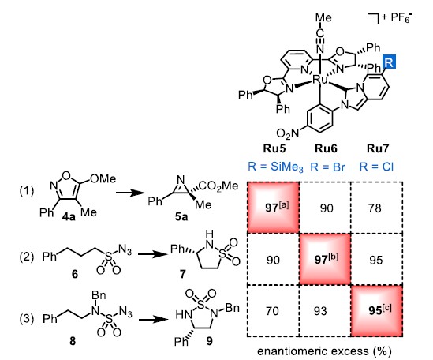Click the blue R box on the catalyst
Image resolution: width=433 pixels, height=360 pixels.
[x=389, y=62]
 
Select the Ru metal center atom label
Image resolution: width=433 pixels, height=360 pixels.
[x=319, y=81]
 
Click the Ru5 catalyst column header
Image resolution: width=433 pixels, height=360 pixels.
[x=274, y=148]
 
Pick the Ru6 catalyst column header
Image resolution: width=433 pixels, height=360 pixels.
[x=326, y=148]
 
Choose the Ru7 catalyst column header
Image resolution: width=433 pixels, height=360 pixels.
[x=378, y=148]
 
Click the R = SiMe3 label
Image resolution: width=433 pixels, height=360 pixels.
[x=275, y=167]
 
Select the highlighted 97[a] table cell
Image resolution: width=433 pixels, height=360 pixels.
[x=273, y=208]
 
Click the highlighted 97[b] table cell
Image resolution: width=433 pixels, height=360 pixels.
[x=325, y=259]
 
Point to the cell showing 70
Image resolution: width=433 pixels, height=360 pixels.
[x=273, y=311]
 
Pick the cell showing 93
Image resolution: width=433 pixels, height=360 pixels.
[x=325, y=311]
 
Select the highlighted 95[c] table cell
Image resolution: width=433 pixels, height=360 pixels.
[x=377, y=311]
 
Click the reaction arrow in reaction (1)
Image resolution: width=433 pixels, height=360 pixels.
[x=130, y=193]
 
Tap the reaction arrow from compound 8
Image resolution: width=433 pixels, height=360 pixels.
[x=153, y=320]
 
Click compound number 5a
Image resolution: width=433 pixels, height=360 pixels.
[x=181, y=217]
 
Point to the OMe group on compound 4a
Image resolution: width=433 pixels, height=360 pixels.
[x=103, y=179]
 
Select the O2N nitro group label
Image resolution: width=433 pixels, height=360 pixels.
[x=287, y=134]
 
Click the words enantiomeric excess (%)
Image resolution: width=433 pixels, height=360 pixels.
[x=324, y=351]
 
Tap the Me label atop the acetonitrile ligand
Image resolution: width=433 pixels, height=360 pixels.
[x=323, y=17]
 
